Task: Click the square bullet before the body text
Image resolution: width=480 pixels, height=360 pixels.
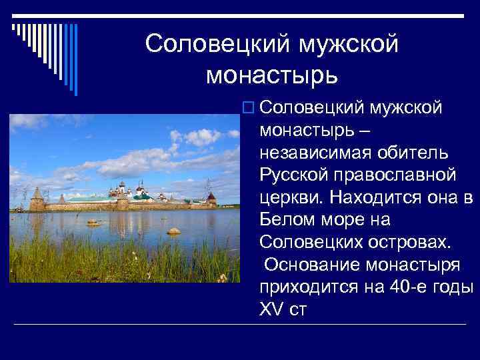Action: [x=249, y=107]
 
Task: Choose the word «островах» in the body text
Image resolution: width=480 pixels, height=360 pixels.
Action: [x=399, y=241]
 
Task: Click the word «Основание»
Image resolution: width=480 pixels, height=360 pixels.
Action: [x=313, y=264]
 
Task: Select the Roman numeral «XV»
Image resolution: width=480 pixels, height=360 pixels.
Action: [x=271, y=309]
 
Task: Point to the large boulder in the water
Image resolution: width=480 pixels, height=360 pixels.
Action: [x=173, y=231]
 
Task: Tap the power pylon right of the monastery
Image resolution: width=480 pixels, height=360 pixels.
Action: [x=208, y=185]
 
